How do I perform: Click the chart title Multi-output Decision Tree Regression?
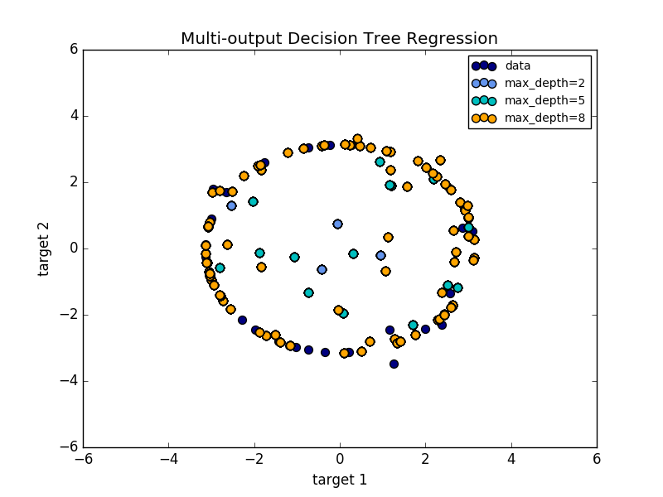click(339, 39)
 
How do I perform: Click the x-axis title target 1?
click(339, 480)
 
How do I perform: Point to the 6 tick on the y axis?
click(74, 50)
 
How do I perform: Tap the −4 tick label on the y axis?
click(70, 381)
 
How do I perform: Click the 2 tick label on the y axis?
click(74, 182)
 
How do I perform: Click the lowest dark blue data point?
click(394, 364)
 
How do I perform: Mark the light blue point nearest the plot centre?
click(337, 224)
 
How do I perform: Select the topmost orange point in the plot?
click(357, 139)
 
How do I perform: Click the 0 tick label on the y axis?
click(74, 248)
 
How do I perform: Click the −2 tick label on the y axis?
click(70, 315)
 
